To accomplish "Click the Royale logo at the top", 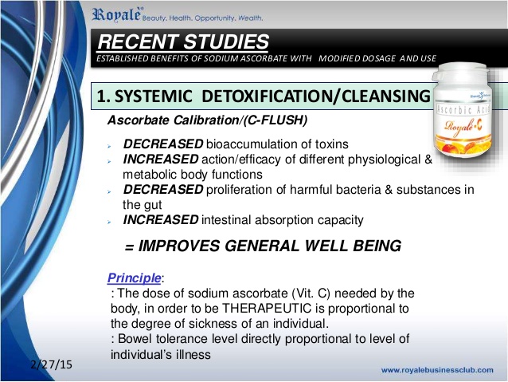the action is [x=116, y=15].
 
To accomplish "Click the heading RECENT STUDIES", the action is [x=183, y=41].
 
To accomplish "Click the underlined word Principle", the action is [x=134, y=278].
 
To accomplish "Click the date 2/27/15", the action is [x=52, y=364].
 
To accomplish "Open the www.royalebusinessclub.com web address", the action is [x=437, y=370].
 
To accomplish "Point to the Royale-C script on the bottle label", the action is [x=463, y=126].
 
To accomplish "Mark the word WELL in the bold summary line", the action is [x=326, y=246].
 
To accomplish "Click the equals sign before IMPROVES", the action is [x=129, y=248].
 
